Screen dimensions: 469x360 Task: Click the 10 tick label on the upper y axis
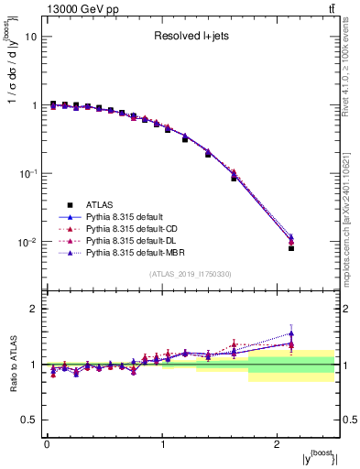pos(31,37)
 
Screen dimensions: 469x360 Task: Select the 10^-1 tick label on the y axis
pos(28,174)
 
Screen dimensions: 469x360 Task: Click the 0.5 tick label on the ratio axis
pos(29,420)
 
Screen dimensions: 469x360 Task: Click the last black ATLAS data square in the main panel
pos(291,248)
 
